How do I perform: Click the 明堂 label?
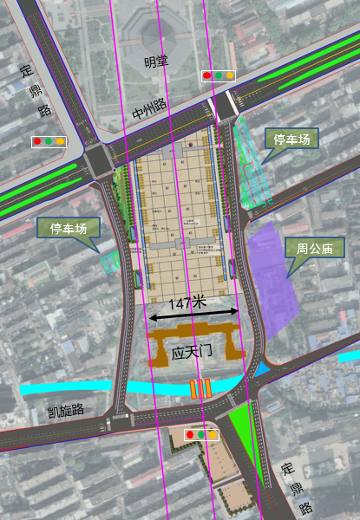pyautogui.click(x=156, y=62)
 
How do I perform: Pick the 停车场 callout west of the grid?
pyautogui.click(x=68, y=228)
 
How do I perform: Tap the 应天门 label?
pyautogui.click(x=193, y=353)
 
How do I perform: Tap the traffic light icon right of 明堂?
pyautogui.click(x=219, y=75)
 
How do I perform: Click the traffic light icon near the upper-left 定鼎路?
pyautogui.click(x=49, y=140)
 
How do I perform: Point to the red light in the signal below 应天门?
pyautogui.click(x=190, y=433)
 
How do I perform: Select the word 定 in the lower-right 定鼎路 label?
pyautogui.click(x=287, y=469)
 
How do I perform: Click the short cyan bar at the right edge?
pyautogui.click(x=349, y=356)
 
